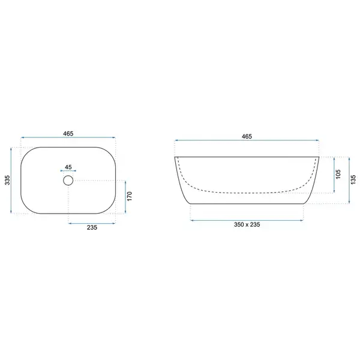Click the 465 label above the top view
pyautogui.click(x=68, y=133)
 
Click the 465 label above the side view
pyautogui.click(x=247, y=136)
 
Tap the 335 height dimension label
pyautogui.click(x=8, y=180)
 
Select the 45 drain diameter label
pyautogui.click(x=68, y=167)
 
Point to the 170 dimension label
pyautogui.click(x=130, y=196)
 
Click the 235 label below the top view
pyautogui.click(x=92, y=227)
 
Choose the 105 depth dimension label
pyautogui.click(x=338, y=174)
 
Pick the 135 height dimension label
pyautogui.click(x=353, y=179)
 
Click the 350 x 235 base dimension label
pyautogui.click(x=247, y=224)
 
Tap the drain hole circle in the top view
pyautogui.click(x=68, y=176)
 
